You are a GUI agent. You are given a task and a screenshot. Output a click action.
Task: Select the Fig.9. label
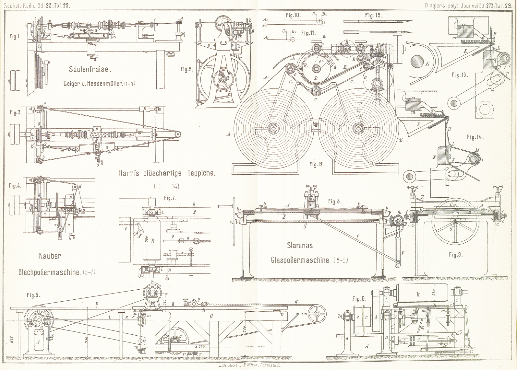coord(455,255)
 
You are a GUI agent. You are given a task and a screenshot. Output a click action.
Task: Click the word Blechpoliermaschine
coord(49,272)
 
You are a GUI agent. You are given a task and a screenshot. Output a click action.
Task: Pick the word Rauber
coord(50,256)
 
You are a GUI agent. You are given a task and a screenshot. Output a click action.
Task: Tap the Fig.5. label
coord(33,295)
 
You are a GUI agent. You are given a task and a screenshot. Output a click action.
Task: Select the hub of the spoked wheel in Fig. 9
coord(456,222)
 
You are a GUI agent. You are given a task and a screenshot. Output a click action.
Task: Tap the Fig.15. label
coord(374,15)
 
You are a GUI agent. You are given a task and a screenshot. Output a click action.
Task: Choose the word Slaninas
coord(300,245)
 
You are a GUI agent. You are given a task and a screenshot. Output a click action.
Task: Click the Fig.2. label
coord(187,69)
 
